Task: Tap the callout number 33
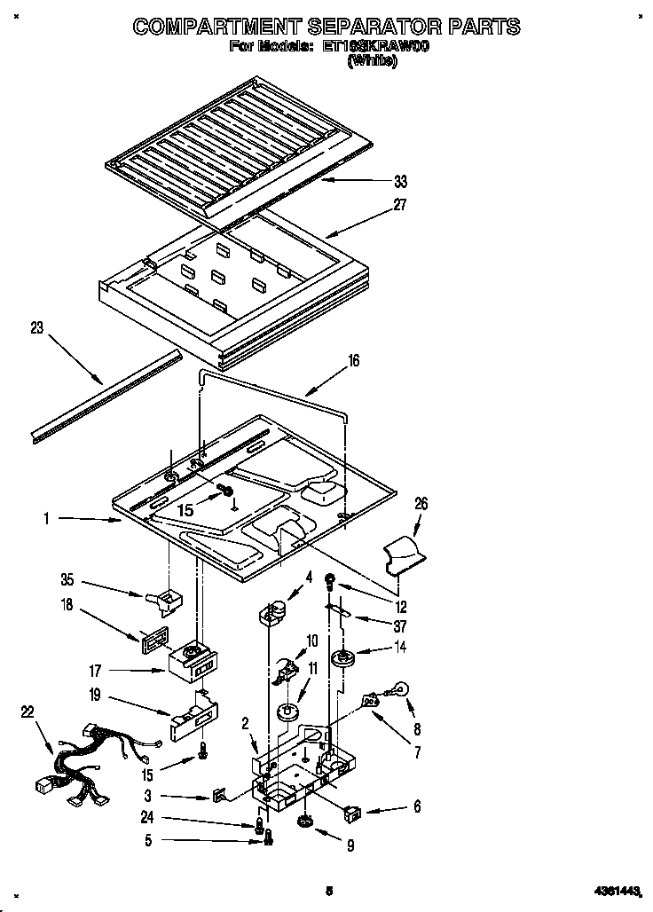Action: (x=401, y=181)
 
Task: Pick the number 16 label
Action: (x=353, y=360)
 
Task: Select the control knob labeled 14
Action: (x=341, y=658)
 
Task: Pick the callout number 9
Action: (x=350, y=846)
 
